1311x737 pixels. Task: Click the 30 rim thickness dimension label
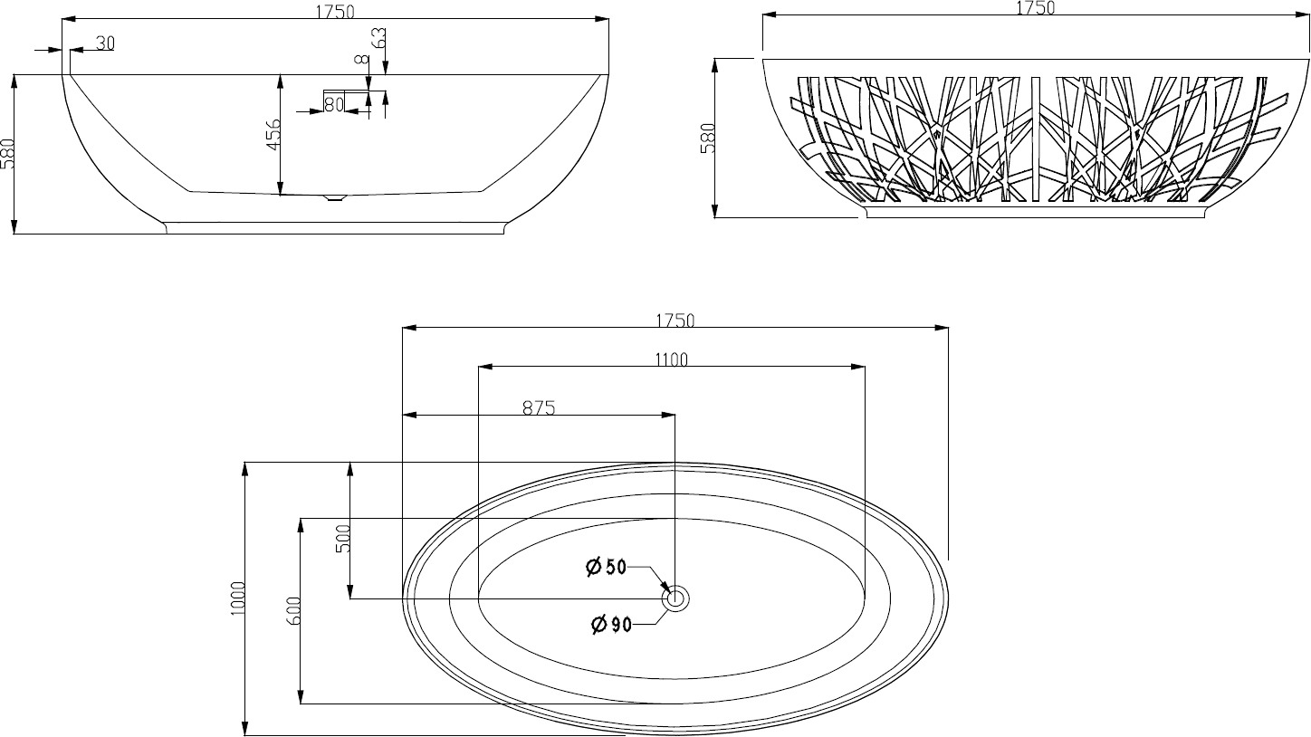pyautogui.click(x=105, y=43)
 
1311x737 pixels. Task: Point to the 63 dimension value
pyautogui.click(x=379, y=37)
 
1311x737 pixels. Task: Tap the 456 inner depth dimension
pyautogui.click(x=274, y=135)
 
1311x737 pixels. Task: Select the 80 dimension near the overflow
pyautogui.click(x=333, y=105)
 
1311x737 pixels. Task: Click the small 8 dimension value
pyautogui.click(x=363, y=59)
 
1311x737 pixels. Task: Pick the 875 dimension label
pyautogui.click(x=539, y=407)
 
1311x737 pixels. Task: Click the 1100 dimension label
pyautogui.click(x=671, y=359)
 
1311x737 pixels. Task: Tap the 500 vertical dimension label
pyautogui.click(x=343, y=539)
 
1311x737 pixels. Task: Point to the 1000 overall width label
pyautogui.click(x=237, y=598)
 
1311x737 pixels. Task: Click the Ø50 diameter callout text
pyautogui.click(x=607, y=567)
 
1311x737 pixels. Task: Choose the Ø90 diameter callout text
pyautogui.click(x=612, y=626)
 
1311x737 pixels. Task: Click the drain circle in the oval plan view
pyautogui.click(x=675, y=598)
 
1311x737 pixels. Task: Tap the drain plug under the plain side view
pyautogui.click(x=335, y=197)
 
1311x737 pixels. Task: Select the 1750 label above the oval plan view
pyautogui.click(x=675, y=321)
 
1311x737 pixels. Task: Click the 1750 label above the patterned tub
pyautogui.click(x=1036, y=7)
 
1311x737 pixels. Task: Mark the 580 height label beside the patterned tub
pyautogui.click(x=708, y=138)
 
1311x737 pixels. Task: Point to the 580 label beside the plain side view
pyautogui.click(x=7, y=154)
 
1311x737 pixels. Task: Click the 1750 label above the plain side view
pyautogui.click(x=335, y=12)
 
